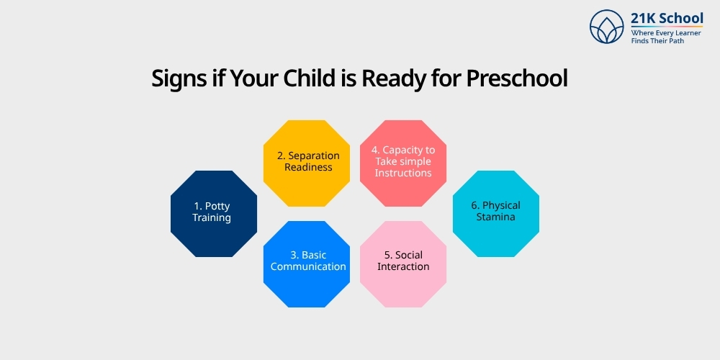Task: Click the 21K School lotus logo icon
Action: pos(606,27)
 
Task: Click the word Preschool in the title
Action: pos(517,78)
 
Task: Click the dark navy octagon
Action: pos(213,214)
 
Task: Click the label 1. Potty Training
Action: pos(212,212)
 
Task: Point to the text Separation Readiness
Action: pos(308,161)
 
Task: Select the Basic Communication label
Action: pos(308,261)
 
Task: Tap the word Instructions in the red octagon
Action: pos(403,173)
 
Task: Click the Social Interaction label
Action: pos(403,261)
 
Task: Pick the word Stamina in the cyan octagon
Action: pos(495,217)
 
